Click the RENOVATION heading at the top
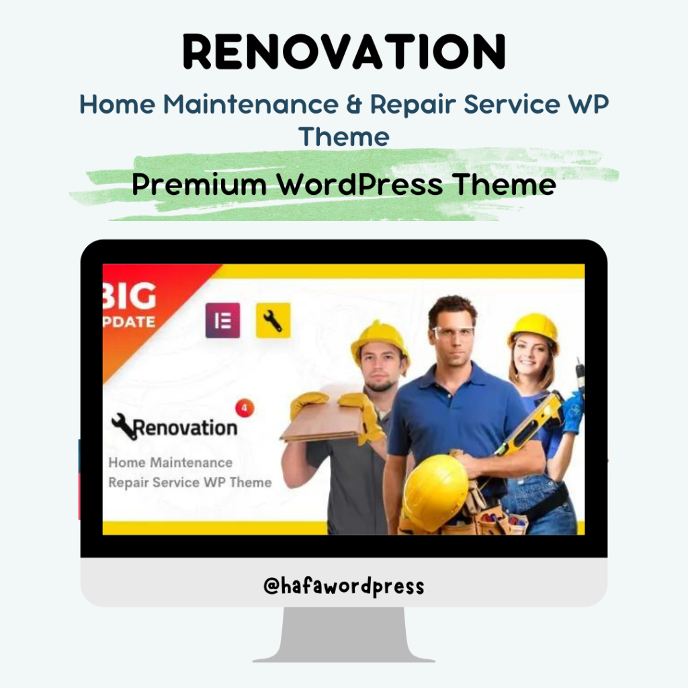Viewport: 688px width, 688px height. (x=344, y=52)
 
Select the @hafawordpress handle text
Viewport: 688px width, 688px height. (x=344, y=586)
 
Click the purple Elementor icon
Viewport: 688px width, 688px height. (x=222, y=320)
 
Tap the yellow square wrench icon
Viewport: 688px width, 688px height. (x=273, y=320)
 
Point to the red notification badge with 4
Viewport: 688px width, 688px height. (x=245, y=407)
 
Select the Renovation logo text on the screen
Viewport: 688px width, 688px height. (x=185, y=427)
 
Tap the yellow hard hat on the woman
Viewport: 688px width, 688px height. (x=533, y=329)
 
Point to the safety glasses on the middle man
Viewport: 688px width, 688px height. (x=452, y=332)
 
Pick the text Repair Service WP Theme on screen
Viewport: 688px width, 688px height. (x=189, y=482)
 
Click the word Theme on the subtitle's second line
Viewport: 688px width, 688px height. (x=344, y=136)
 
